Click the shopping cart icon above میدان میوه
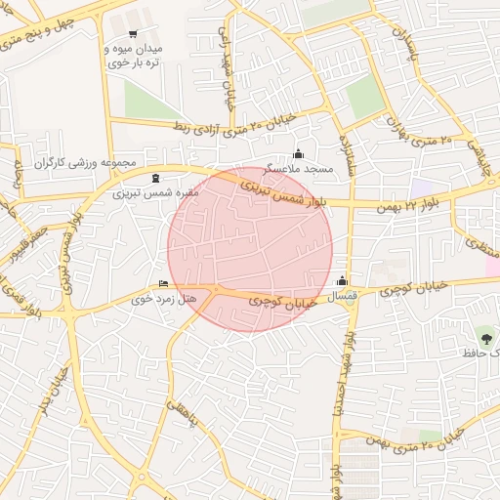133,35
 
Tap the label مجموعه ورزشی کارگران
86,162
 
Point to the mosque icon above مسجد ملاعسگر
298,154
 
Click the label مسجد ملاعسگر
305,169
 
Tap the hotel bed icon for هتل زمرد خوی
163,283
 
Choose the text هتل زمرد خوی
163,298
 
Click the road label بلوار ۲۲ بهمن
410,201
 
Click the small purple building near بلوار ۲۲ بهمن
422,186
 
